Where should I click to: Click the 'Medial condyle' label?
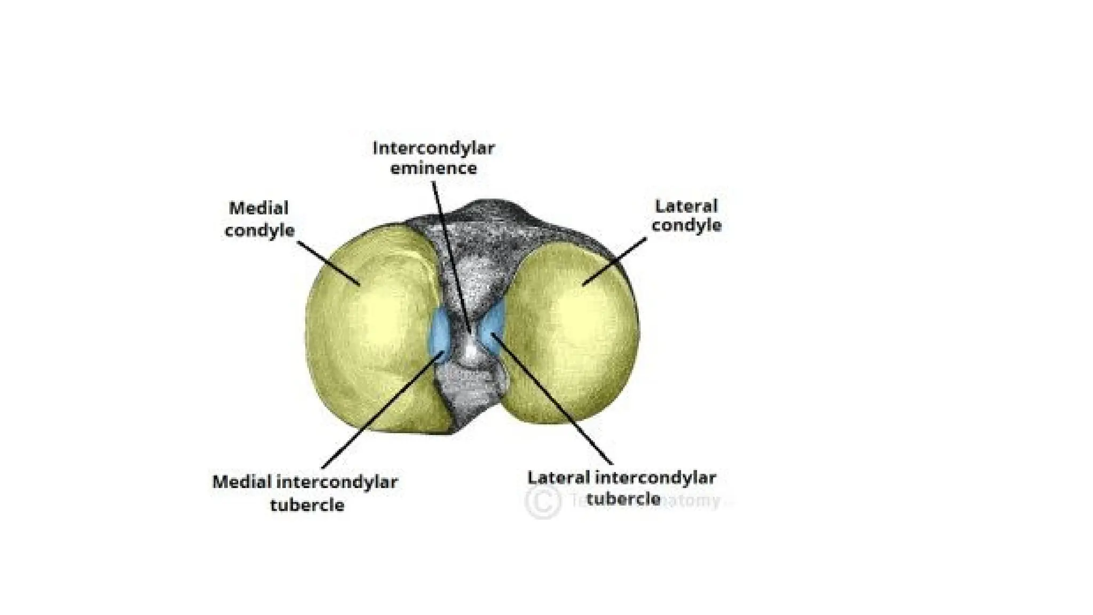[259, 219]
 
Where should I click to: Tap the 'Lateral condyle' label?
[686, 216]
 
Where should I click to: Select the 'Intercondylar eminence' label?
[433, 158]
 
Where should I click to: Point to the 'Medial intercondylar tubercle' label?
[305, 493]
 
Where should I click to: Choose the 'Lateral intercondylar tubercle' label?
[622, 488]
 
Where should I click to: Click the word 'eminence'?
[433, 169]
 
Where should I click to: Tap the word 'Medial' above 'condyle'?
[259, 208]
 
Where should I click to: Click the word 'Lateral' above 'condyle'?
[686, 206]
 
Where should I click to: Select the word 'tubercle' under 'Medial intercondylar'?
[307, 505]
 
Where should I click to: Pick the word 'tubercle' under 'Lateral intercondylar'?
[623, 500]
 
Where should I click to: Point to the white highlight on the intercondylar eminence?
[470, 350]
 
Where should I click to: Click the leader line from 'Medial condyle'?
[328, 262]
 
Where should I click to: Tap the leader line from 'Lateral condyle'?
[614, 262]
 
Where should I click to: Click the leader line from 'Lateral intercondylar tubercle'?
[555, 400]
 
